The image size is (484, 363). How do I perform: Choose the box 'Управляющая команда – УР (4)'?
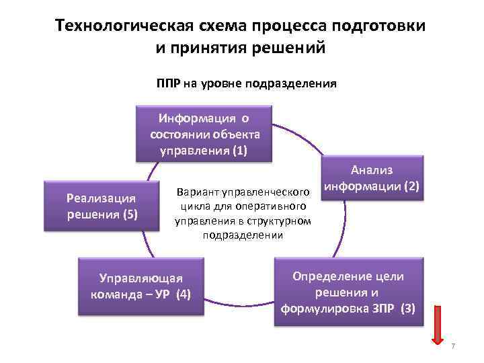pos(141,286)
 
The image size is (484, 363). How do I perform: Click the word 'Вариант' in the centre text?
pos(196,190)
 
